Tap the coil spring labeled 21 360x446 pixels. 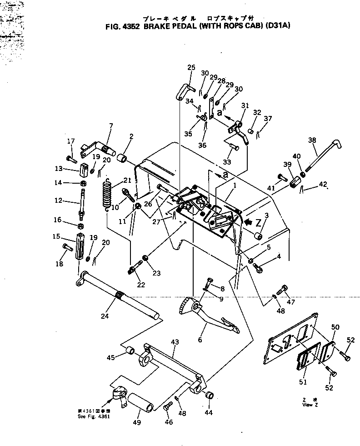(x=107, y=193)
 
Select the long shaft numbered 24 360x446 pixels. (x=118, y=295)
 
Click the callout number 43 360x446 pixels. (x=175, y=341)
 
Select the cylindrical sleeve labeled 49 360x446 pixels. (x=141, y=403)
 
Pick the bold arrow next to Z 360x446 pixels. (x=249, y=222)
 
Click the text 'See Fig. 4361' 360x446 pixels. (x=94, y=416)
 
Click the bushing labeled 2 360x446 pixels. (x=122, y=159)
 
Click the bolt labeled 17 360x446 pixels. (x=70, y=159)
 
